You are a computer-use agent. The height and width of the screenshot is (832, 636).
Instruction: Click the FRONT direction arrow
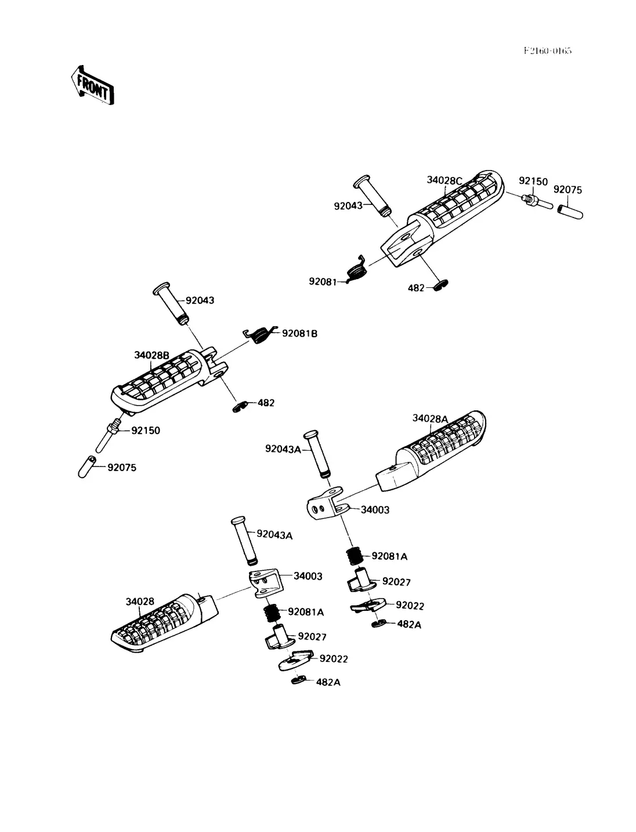point(92,85)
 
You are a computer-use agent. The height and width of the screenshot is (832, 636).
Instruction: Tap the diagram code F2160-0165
point(547,50)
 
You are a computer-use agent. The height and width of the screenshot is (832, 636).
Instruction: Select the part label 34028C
point(445,180)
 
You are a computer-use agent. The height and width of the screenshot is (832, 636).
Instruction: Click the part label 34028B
point(151,355)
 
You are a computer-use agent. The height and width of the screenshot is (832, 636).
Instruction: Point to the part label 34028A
point(430,418)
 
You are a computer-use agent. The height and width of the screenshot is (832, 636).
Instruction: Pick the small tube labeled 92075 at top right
point(569,209)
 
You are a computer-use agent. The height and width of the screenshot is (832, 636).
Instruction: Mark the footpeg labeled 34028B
point(165,383)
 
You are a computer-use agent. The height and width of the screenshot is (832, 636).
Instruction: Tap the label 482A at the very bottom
point(328,682)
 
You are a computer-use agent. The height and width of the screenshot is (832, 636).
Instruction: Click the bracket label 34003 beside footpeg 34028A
point(375,510)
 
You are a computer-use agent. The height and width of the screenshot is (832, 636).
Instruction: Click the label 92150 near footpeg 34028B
point(146,431)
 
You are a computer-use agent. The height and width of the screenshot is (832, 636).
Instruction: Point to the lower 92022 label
point(334,659)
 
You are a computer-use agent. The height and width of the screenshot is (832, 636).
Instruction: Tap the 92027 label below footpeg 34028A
point(396,582)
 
